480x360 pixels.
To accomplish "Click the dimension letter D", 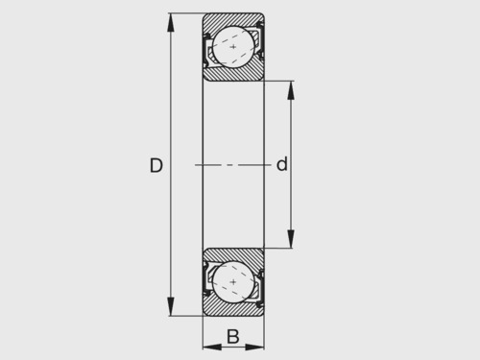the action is click(x=156, y=165).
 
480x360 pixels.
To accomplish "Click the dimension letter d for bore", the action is click(x=282, y=164).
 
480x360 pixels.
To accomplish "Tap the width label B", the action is click(x=233, y=337).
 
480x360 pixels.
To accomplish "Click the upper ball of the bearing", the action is click(x=233, y=47).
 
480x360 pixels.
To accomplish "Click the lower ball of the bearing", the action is click(x=233, y=282).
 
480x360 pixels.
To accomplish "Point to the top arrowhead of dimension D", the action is click(x=171, y=23).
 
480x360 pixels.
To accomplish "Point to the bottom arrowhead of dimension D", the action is click(x=171, y=306).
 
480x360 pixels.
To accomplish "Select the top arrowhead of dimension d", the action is click(x=291, y=90).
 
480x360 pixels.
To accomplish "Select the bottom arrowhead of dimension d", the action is click(x=291, y=239).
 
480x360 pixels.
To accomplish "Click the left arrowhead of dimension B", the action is click(x=212, y=347).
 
